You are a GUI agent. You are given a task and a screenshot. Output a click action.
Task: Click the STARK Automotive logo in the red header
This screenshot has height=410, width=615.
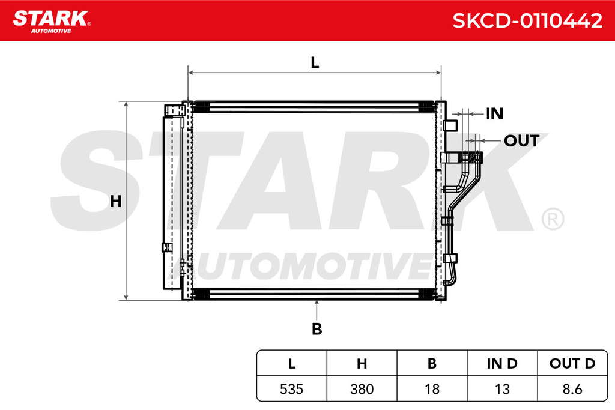point(52,21)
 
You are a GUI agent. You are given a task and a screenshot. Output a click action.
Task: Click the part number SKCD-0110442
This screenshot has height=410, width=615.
point(527,20)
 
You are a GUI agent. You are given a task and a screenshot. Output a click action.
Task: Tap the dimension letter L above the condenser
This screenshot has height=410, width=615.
point(315,62)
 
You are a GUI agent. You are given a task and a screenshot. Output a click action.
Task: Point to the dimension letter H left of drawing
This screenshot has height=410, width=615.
point(115,202)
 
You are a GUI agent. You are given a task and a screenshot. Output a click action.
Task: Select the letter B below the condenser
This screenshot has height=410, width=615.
point(317,329)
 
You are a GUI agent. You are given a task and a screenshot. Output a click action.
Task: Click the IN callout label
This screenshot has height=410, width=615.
point(494,114)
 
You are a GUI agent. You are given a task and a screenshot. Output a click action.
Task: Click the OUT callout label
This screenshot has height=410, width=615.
point(522,140)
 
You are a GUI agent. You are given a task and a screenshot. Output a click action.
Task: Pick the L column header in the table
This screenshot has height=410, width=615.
point(292,364)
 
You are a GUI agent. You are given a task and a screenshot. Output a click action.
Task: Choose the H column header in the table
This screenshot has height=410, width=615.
point(362,364)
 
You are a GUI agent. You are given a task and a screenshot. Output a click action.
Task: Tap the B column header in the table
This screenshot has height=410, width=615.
point(432,364)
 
